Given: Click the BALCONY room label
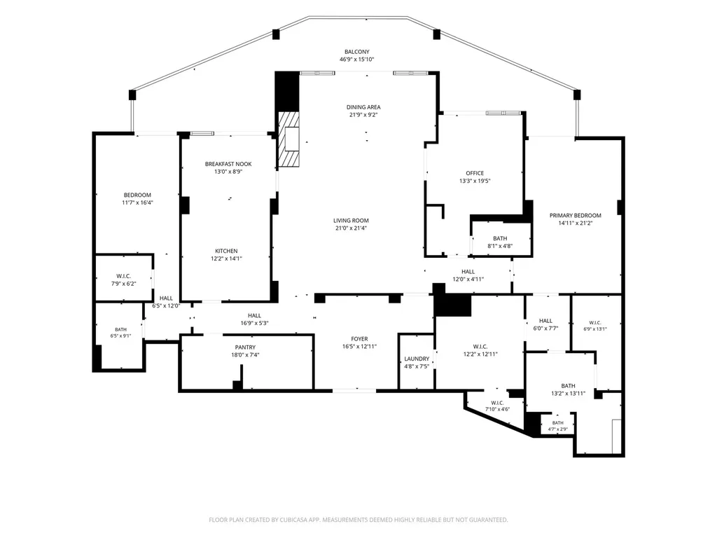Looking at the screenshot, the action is (356, 52).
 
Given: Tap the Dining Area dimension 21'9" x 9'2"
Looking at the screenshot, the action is (363, 115).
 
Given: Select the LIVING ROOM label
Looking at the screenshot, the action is (351, 221).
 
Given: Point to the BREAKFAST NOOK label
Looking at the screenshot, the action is (228, 164).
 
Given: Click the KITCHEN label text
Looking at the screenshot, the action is (226, 251).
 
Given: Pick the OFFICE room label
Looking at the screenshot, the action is (475, 173).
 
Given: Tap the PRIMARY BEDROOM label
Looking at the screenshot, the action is (576, 216).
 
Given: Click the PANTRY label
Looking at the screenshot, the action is (245, 347).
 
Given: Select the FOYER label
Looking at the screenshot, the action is (359, 339).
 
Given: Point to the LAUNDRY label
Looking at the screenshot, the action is (417, 359).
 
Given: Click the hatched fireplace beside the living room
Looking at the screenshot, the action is (289, 139).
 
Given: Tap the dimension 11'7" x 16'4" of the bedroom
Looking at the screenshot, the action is (137, 202).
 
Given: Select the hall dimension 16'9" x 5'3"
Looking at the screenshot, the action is (254, 323).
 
